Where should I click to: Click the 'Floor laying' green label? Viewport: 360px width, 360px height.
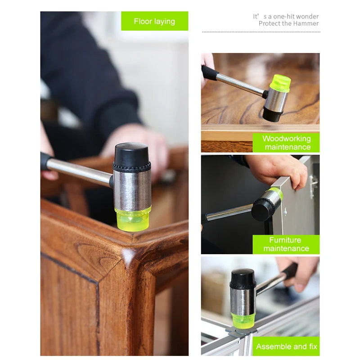pyautogui.click(x=154, y=21)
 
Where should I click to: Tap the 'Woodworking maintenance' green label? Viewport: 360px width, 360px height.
pyautogui.click(x=286, y=143)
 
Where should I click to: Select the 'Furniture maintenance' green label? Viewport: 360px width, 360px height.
pyautogui.click(x=286, y=244)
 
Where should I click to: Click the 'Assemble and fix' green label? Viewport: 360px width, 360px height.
pyautogui.click(x=286, y=346)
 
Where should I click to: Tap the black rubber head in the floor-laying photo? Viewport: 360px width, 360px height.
pyautogui.click(x=131, y=157)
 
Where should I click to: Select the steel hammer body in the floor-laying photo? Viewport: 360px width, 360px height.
pyautogui.click(x=132, y=189)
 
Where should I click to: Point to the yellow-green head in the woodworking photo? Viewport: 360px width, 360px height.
pyautogui.click(x=280, y=83)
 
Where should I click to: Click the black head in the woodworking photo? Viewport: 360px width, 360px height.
pyautogui.click(x=272, y=114)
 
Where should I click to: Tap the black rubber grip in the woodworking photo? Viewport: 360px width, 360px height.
pyautogui.click(x=209, y=72)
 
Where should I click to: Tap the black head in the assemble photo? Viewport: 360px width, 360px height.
pyautogui.click(x=243, y=279)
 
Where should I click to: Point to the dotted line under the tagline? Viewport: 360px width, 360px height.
pyautogui.click(x=261, y=32)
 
